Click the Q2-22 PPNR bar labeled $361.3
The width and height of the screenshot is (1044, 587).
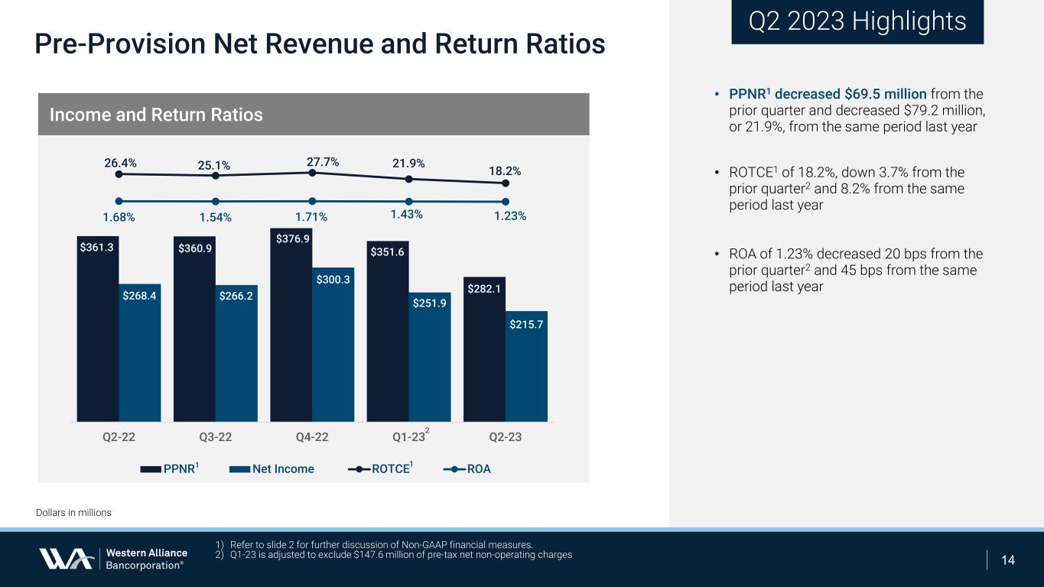(98, 329)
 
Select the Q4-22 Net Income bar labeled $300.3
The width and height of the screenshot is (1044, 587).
(333, 344)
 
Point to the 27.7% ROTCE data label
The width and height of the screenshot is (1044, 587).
(322, 162)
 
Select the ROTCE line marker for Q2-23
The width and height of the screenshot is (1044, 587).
(506, 183)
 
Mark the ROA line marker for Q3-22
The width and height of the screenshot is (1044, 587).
(216, 202)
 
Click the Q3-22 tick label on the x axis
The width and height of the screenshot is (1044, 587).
(216, 437)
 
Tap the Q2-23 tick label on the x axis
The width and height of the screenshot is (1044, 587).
(505, 437)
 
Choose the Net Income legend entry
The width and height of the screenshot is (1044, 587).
(272, 469)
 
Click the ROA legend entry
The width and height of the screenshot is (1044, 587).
(468, 469)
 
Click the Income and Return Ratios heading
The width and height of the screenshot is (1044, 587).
(156, 115)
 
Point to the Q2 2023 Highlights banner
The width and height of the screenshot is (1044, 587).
(857, 21)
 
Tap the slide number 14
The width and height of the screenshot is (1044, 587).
(1008, 560)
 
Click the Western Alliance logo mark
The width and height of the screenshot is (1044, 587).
(66, 559)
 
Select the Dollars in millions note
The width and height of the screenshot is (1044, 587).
(73, 513)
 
